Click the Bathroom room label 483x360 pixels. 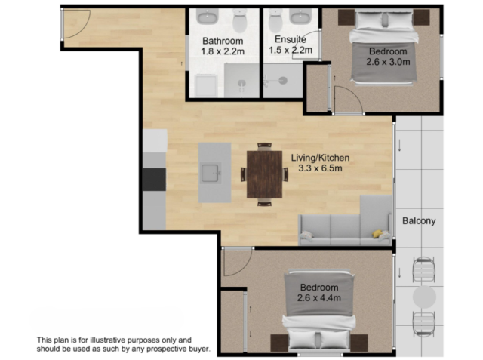pos(223,41)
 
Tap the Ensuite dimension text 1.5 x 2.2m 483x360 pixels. pos(291,50)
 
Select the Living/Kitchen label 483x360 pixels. pos(320,158)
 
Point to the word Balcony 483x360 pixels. pos(419,221)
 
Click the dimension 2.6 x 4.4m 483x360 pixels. pos(319,298)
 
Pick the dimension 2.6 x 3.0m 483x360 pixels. pos(388,62)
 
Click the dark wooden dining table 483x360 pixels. pos(264,174)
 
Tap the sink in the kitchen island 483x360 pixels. pos(211,173)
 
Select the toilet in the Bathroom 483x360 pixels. pos(240,20)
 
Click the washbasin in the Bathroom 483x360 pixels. pos(208,16)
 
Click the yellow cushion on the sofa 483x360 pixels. pos(377,234)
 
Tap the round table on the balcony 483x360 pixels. pos(424,297)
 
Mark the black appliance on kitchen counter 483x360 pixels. pos(154,179)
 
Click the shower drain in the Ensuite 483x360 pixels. pos(283,81)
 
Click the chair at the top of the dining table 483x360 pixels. pos(264,146)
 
